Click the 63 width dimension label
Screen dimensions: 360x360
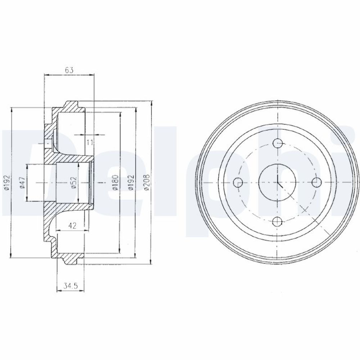pyautogui.click(x=69, y=70)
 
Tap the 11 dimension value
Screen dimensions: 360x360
pyautogui.click(x=90, y=143)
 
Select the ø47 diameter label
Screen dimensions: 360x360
pyautogui.click(x=22, y=183)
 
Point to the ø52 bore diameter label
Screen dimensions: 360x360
pyautogui.click(x=73, y=183)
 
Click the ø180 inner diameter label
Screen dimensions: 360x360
pyautogui.click(x=115, y=183)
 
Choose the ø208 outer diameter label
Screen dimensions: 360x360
pyautogui.click(x=147, y=183)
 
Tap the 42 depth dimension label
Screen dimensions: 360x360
pyautogui.click(x=72, y=226)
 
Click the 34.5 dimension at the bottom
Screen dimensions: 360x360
pyautogui.click(x=71, y=286)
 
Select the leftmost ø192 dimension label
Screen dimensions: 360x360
pyautogui.click(x=7, y=183)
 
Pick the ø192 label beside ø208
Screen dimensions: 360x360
pyautogui.click(x=131, y=183)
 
